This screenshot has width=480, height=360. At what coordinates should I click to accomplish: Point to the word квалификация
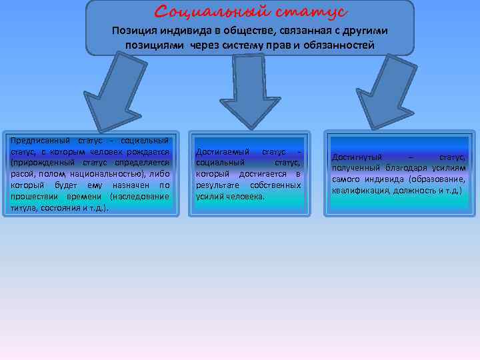click(x=358, y=191)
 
